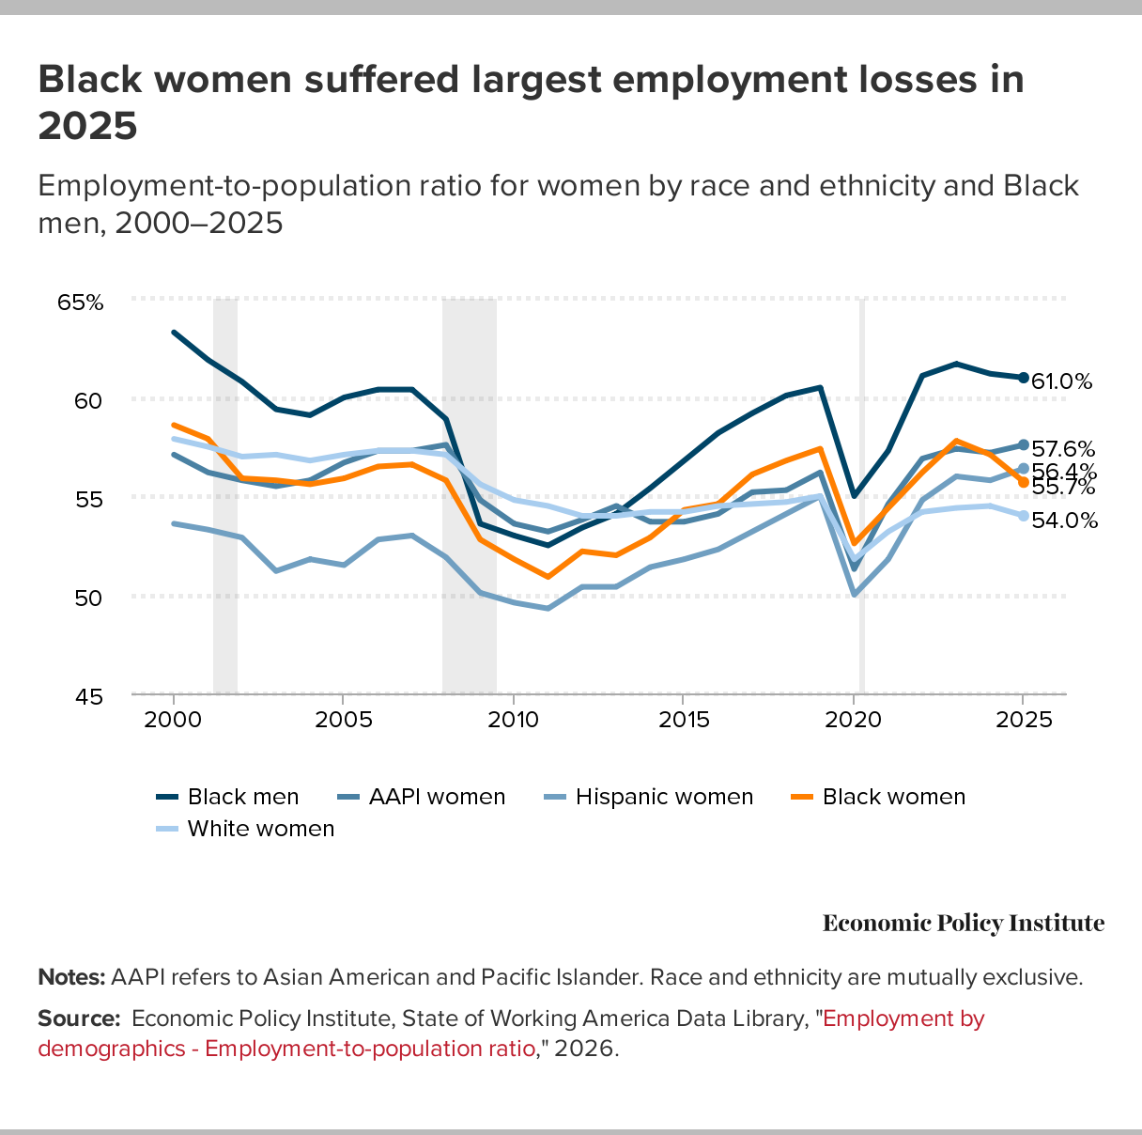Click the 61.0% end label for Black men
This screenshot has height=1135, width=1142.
click(1062, 381)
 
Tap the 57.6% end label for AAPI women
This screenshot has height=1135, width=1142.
click(1062, 449)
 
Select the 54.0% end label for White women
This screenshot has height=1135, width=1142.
click(1064, 521)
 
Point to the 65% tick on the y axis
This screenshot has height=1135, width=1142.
click(80, 303)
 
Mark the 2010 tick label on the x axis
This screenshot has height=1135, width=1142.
click(514, 721)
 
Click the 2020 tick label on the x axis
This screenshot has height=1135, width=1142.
click(854, 721)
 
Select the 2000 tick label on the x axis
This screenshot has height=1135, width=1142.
click(174, 721)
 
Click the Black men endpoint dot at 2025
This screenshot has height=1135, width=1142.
click(1024, 378)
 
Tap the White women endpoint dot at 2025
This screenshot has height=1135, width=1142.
click(1024, 516)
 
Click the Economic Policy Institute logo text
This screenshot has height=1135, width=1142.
click(964, 923)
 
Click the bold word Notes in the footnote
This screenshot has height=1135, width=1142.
click(71, 977)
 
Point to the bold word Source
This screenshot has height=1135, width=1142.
click(79, 1018)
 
